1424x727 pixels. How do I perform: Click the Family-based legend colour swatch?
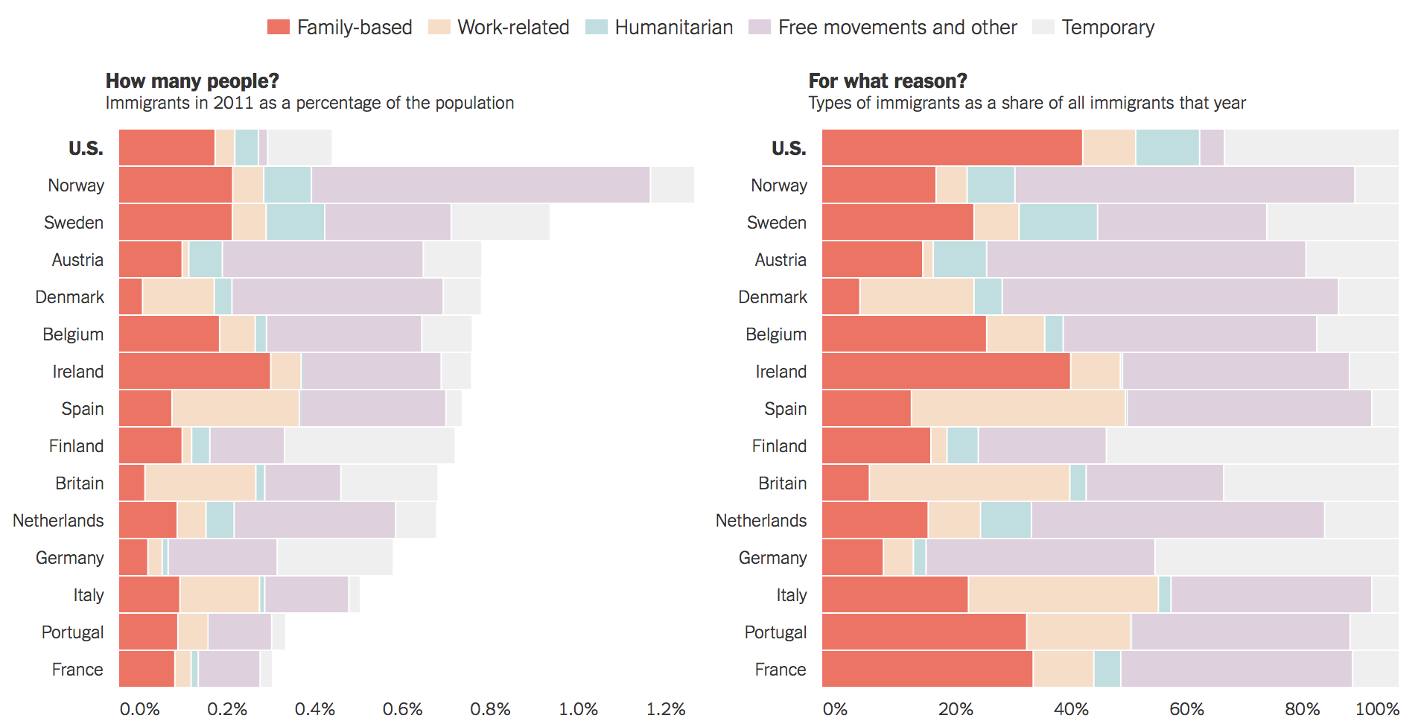[x=278, y=28]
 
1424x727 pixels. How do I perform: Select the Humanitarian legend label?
[x=673, y=28]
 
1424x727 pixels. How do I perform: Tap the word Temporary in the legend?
[x=1107, y=28]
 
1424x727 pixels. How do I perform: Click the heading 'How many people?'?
[x=192, y=80]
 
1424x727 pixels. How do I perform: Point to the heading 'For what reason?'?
[x=887, y=80]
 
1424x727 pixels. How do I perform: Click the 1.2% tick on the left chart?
[x=665, y=709]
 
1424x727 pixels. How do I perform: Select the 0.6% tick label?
[x=402, y=709]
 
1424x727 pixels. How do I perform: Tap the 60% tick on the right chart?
[x=1186, y=709]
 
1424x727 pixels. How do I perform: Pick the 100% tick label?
[x=1376, y=709]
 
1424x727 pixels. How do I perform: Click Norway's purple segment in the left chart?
[x=480, y=185]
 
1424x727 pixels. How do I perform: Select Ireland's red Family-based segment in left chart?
[x=194, y=371]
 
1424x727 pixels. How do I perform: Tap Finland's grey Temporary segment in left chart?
[x=369, y=445]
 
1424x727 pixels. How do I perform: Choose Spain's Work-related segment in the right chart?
[x=1017, y=408]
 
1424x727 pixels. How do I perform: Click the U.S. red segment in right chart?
[x=951, y=147]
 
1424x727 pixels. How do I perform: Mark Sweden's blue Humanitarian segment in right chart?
[x=1058, y=222]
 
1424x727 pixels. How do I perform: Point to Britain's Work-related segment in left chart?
[x=200, y=483]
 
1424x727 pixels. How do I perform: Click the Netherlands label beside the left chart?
[x=58, y=521]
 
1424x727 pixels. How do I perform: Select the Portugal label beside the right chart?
[x=775, y=632]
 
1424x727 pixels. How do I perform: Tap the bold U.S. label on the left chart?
[x=86, y=148]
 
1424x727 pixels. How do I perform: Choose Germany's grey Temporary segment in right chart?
[x=1276, y=557]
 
